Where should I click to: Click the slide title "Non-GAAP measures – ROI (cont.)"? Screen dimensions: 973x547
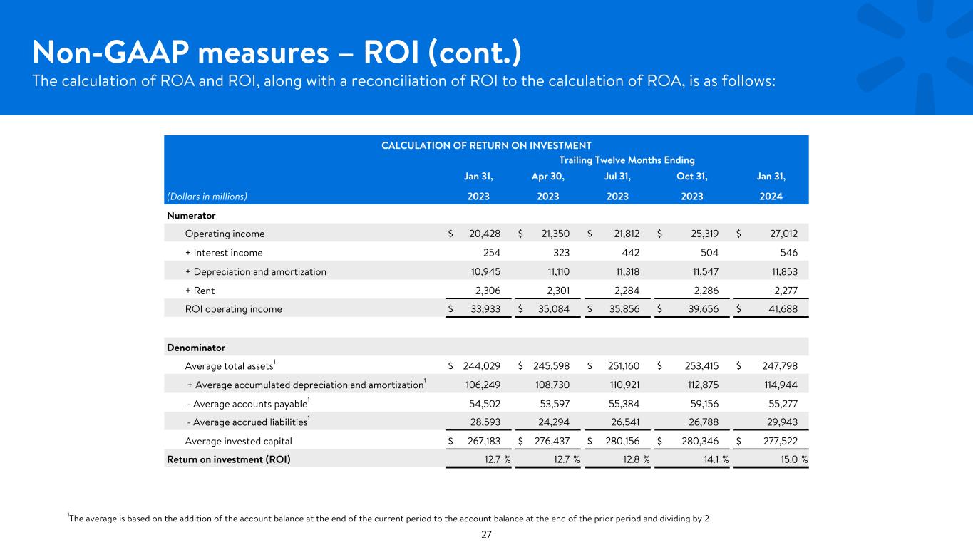(277, 53)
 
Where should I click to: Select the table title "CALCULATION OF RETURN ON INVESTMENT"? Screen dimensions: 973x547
(486, 145)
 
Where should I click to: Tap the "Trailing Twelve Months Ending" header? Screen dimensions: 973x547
(627, 160)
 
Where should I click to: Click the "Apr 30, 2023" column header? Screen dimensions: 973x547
(547, 186)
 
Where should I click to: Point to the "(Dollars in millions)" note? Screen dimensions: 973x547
(207, 197)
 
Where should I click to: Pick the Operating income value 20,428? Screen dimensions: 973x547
(484, 234)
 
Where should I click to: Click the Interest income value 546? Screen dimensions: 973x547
(789, 253)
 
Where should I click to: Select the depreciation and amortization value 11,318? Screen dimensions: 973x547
(627, 272)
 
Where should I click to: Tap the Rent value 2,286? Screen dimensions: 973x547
(706, 291)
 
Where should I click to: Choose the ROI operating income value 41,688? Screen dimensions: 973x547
(783, 309)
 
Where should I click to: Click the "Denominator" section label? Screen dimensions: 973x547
(196, 348)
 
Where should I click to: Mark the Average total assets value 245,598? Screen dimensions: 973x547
(551, 366)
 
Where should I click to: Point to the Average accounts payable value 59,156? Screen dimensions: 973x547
(704, 404)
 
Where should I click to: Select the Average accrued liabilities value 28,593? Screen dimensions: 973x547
(485, 422)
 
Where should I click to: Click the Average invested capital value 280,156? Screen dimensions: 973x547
(622, 441)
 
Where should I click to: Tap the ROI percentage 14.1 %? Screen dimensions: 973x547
(716, 459)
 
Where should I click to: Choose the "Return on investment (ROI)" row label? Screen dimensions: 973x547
(229, 459)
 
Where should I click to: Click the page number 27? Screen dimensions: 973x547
(486, 534)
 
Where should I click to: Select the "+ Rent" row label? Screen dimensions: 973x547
(200, 291)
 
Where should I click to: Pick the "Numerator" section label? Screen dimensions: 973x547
(191, 216)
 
